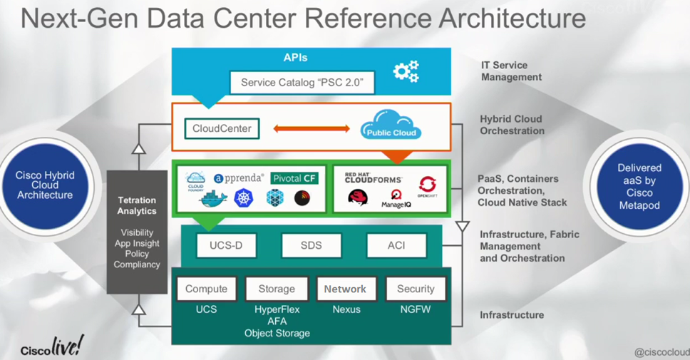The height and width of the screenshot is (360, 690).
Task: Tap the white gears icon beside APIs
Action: (406, 71)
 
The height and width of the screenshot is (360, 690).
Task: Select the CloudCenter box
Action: (222, 129)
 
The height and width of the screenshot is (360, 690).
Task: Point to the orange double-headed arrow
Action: (312, 129)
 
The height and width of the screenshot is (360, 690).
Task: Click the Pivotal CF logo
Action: (294, 178)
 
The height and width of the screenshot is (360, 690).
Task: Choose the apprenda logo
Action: (239, 178)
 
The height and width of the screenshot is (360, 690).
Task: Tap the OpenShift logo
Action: (428, 187)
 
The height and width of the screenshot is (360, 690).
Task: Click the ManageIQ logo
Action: (396, 197)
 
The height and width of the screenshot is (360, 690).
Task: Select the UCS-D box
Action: (226, 245)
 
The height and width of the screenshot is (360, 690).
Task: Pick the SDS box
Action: (311, 245)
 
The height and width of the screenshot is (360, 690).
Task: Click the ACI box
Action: (396, 245)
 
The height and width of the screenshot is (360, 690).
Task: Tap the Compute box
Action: (206, 289)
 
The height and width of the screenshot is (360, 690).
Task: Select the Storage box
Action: (277, 289)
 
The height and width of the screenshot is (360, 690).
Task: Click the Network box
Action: (345, 289)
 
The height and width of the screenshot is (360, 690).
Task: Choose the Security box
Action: (416, 289)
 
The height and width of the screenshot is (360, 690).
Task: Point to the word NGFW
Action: (416, 310)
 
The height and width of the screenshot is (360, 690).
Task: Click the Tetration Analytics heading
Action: (137, 206)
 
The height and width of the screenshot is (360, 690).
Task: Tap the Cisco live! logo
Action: (51, 347)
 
